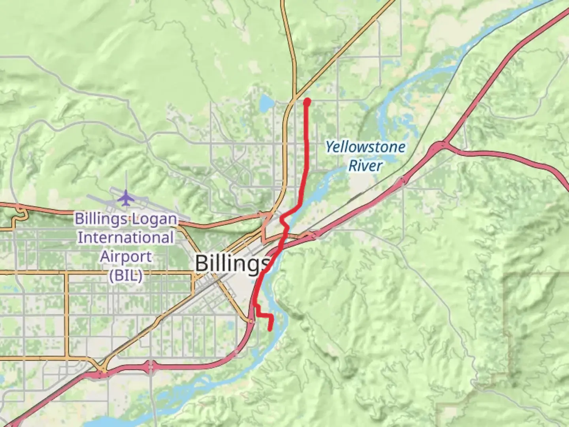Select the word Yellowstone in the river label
point(365,147)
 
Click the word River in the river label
point(365,166)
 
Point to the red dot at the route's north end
point(307,102)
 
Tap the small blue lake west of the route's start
point(266,103)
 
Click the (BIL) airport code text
point(126,276)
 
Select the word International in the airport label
point(126,238)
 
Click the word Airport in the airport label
point(126,257)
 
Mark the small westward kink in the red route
point(282,219)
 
